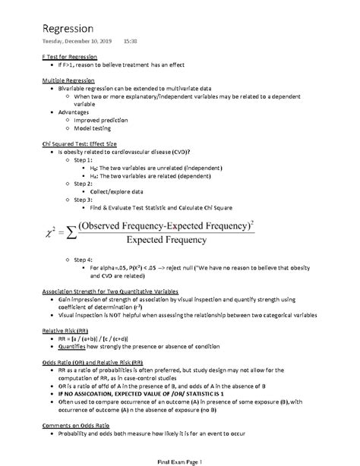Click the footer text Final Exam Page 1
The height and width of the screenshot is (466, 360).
click(x=180, y=460)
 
